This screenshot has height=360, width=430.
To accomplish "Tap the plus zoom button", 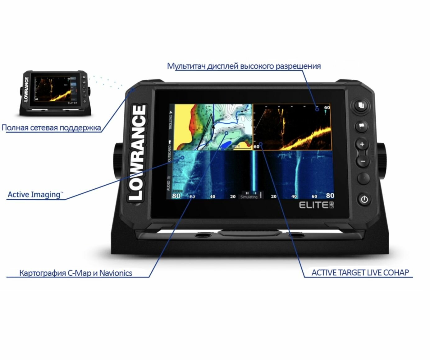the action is tap(362, 144).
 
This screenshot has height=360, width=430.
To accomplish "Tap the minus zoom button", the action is tap(362, 161).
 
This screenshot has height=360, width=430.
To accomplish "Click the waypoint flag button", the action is tap(362, 126).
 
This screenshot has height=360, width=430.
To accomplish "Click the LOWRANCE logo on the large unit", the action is tap(137, 152).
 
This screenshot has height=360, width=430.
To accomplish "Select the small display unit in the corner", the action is tap(55, 93).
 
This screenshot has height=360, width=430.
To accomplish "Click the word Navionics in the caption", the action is tap(116, 273).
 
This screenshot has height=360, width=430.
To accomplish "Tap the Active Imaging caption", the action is tap(34, 195).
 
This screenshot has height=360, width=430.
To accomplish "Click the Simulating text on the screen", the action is tap(249, 197).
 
